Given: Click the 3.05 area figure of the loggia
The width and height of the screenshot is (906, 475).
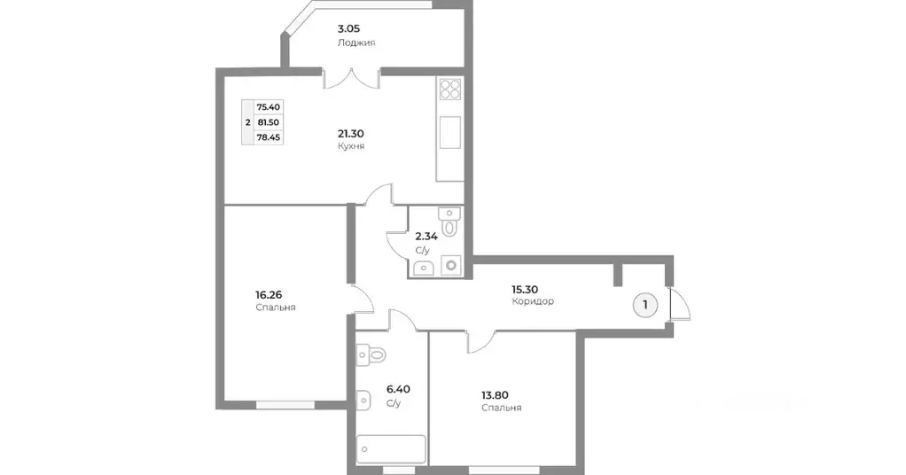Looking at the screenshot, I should click(x=348, y=28).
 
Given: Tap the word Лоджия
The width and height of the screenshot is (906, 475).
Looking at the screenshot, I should click(x=355, y=43).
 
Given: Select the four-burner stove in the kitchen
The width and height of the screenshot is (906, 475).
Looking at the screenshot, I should click(x=449, y=90).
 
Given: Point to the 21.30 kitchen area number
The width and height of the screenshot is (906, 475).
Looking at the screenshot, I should click(x=350, y=133).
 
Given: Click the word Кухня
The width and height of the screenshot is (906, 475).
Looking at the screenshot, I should click(x=351, y=146).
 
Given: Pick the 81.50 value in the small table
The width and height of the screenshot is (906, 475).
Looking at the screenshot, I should click(x=268, y=122).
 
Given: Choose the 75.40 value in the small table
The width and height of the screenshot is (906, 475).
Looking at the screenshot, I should click(x=268, y=106).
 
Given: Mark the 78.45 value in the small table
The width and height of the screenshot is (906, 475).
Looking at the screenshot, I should click(x=268, y=137).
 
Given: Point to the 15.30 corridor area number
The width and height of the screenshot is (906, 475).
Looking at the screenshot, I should click(x=523, y=288).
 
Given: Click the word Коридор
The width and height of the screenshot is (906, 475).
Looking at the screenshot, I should click(x=533, y=301).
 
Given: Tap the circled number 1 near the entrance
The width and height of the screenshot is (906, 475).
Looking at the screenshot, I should click(x=645, y=305).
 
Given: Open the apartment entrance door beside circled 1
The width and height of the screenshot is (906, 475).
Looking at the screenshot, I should click(x=681, y=305).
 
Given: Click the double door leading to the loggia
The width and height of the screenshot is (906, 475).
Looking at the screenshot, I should click(x=352, y=78).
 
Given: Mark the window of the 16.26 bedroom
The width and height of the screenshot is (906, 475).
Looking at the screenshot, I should click(x=285, y=405).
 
